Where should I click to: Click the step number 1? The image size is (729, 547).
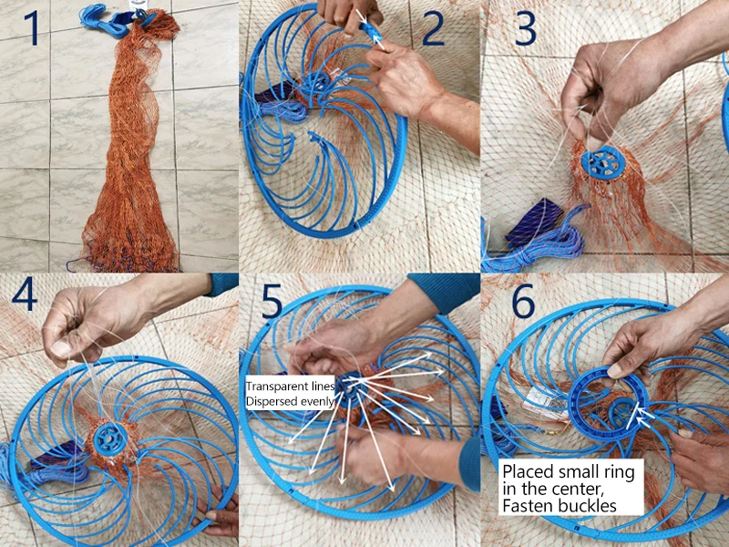click(x=32, y=28)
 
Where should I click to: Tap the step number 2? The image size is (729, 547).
click(x=433, y=29)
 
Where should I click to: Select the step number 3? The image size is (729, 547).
click(x=526, y=29)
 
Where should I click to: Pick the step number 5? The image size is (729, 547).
click(x=272, y=301)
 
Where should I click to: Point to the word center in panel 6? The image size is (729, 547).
click(x=576, y=489)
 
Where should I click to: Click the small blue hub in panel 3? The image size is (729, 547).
click(x=603, y=163)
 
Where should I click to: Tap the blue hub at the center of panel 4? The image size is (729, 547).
click(x=110, y=439)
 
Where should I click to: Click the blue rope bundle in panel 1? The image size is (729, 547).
click(x=105, y=19)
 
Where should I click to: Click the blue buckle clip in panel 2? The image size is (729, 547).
click(x=372, y=32)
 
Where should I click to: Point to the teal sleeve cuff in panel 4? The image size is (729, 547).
click(x=222, y=284)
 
